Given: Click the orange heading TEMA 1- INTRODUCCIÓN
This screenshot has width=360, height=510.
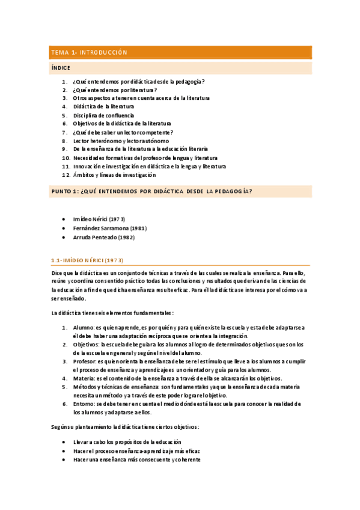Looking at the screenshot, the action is tap(90, 53).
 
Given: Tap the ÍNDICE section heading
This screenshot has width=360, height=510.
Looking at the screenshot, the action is tap(61, 68).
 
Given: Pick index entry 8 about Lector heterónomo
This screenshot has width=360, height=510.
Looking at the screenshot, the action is tap(121, 141).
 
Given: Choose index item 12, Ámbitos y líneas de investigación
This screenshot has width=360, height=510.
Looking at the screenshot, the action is tap(114, 175).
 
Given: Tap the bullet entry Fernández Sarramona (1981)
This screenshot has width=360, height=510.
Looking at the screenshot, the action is tap(109, 228).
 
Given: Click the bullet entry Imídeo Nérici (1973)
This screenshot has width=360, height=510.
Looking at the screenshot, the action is tap(99, 219).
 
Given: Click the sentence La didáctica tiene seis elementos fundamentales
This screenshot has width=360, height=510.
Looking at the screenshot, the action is tap(113, 313).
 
